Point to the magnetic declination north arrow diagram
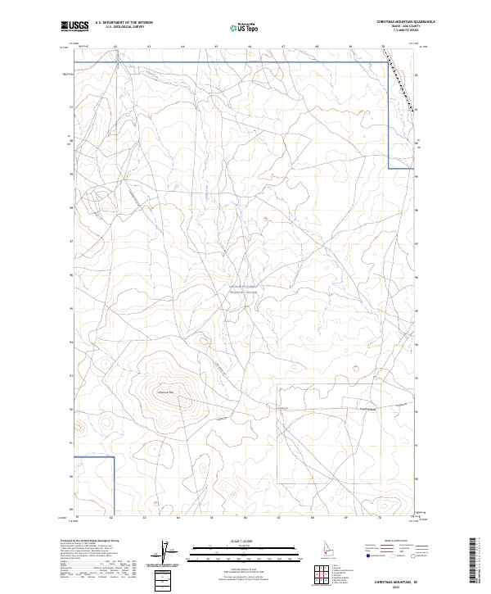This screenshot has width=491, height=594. (167, 553)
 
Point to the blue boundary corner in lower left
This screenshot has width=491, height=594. (113, 456)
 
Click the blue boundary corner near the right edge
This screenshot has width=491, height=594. (387, 168)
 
